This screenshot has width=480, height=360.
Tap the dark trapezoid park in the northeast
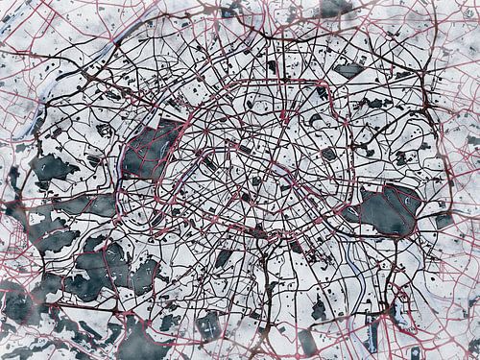[349, 70]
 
